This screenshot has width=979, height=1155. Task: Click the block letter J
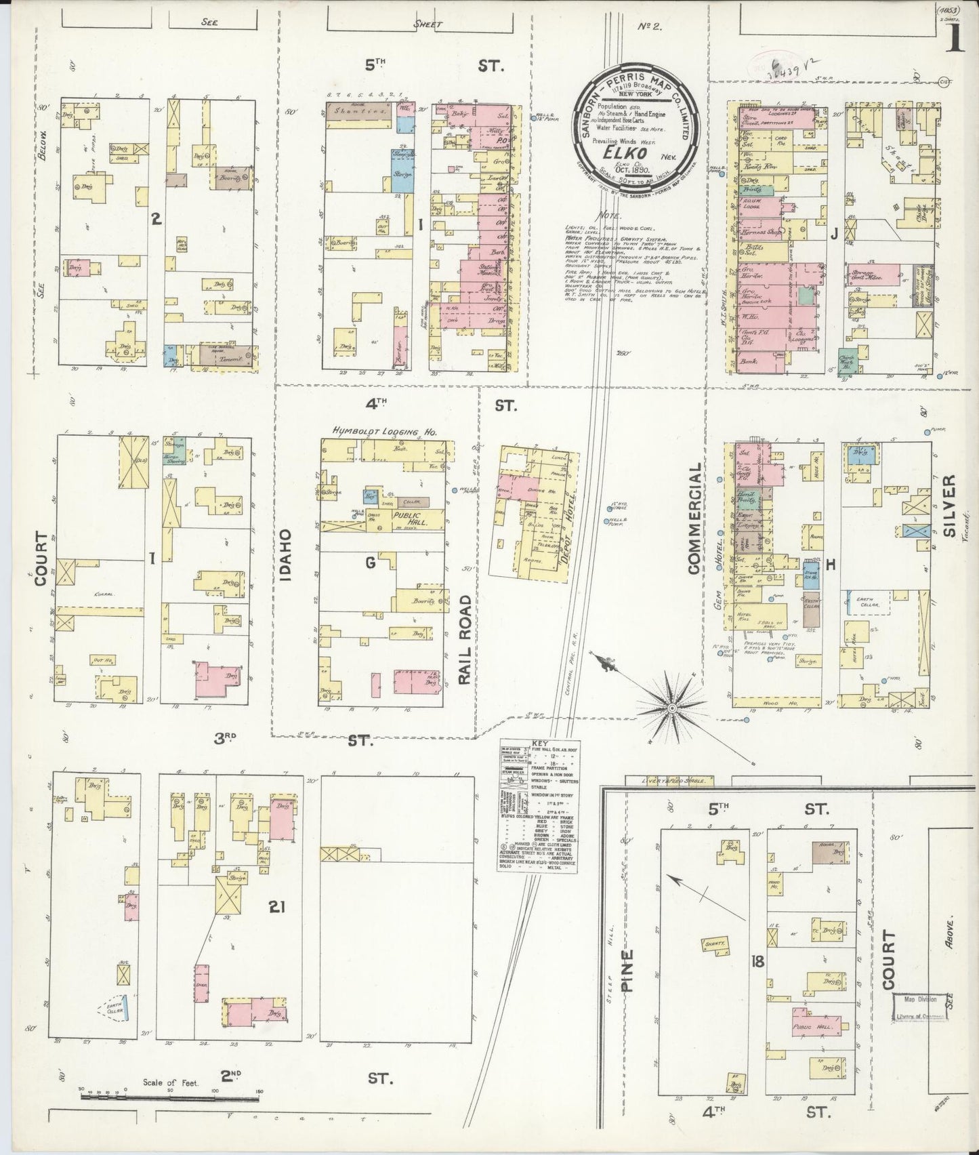point(834,235)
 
